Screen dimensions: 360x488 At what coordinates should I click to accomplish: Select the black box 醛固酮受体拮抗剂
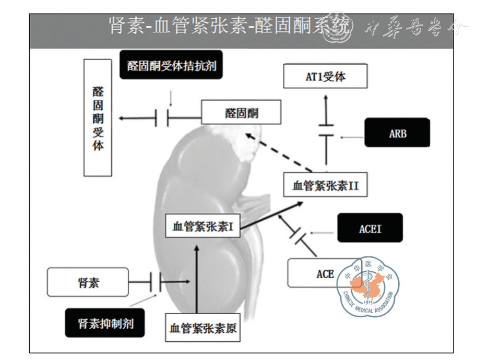tap(172, 66)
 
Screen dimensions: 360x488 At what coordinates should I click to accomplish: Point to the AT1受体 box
tap(326, 77)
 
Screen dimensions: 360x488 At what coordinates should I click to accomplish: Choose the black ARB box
tap(397, 133)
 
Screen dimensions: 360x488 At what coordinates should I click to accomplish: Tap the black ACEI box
tap(370, 228)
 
